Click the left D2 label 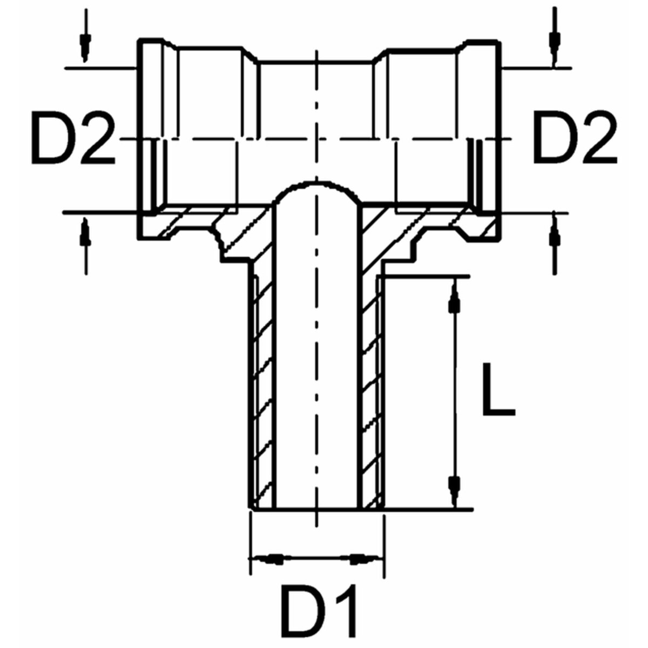point(73,139)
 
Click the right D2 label point(575,139)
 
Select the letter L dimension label point(499,390)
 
